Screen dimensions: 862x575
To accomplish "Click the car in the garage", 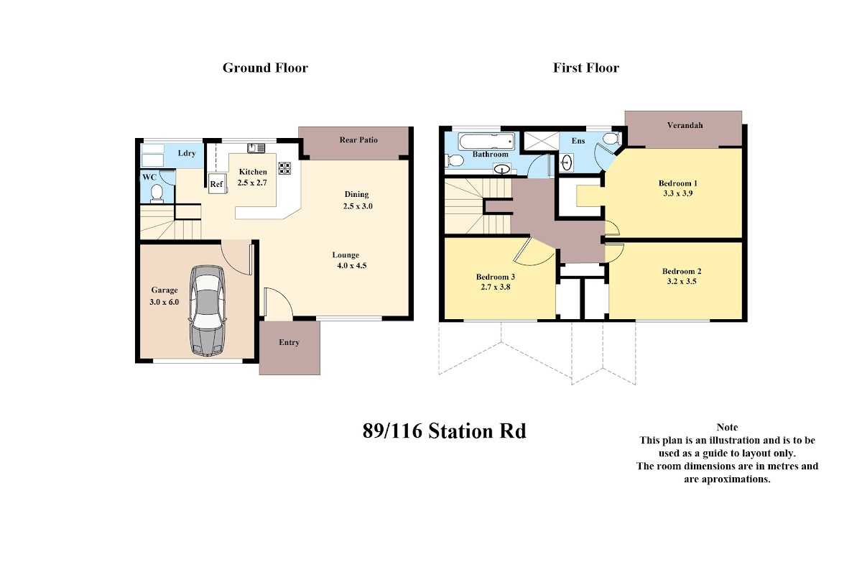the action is coord(207,310).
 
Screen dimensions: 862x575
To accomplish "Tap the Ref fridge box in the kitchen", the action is coord(217,183).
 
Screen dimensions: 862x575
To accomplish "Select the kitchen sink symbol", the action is coord(256,148).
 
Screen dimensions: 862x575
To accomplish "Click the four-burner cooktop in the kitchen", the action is coord(284,168).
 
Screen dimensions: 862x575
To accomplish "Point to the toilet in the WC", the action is coord(157,193).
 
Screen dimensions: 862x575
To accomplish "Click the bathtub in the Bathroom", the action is coord(486,142).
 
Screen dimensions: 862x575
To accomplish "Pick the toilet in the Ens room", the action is coord(611,139).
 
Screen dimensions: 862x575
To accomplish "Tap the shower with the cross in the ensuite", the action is coord(542,141).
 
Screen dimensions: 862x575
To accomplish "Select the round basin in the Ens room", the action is coord(566,162).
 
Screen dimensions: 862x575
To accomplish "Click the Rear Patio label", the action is coord(358,140).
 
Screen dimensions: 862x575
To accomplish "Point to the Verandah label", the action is coord(685,125).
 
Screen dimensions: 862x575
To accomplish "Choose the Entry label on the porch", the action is coord(289,342).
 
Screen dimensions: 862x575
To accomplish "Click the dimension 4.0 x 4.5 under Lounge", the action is coord(352,265).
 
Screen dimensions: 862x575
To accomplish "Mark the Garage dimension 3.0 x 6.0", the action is coord(164,302).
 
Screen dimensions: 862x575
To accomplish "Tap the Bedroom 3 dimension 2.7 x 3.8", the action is coord(495,287).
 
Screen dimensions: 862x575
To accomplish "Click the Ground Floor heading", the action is coord(265,68).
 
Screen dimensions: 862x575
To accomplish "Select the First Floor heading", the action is coord(586,68).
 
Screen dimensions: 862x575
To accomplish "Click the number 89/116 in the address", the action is coord(392,431).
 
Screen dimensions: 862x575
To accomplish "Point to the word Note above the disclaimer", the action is coord(727,427).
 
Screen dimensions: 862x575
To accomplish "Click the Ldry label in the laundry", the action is coord(187,153).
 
